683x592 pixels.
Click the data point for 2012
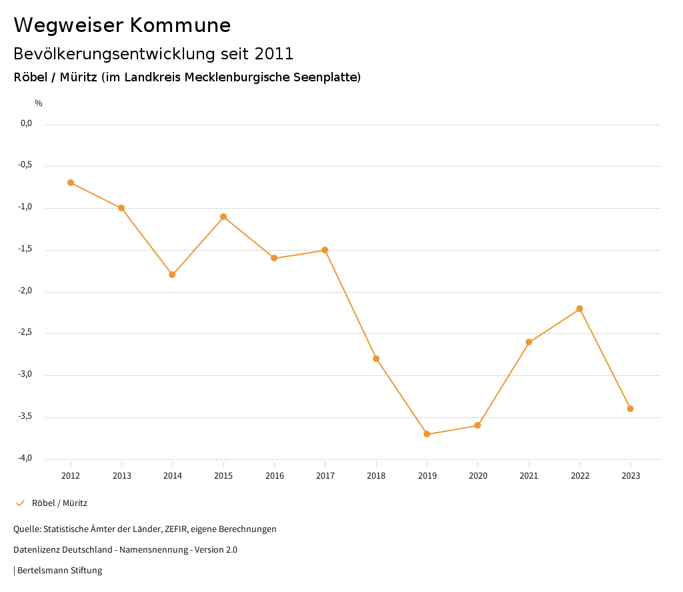71,183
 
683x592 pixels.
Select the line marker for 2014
172,275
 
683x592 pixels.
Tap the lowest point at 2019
427,434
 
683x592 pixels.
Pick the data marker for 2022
580,309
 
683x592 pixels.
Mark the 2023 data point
630,409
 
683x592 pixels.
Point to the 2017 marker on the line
325,250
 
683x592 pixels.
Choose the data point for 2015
223,217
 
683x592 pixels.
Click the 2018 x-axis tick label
376,475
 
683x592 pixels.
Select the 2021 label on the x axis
529,475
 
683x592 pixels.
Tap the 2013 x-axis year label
121,475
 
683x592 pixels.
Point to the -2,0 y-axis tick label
25,291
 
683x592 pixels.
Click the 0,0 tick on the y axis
27,123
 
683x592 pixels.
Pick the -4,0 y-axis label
25,459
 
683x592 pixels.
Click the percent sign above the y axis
39,103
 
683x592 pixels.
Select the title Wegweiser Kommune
122,25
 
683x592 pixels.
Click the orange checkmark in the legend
20,503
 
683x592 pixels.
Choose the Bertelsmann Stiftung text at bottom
59,571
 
